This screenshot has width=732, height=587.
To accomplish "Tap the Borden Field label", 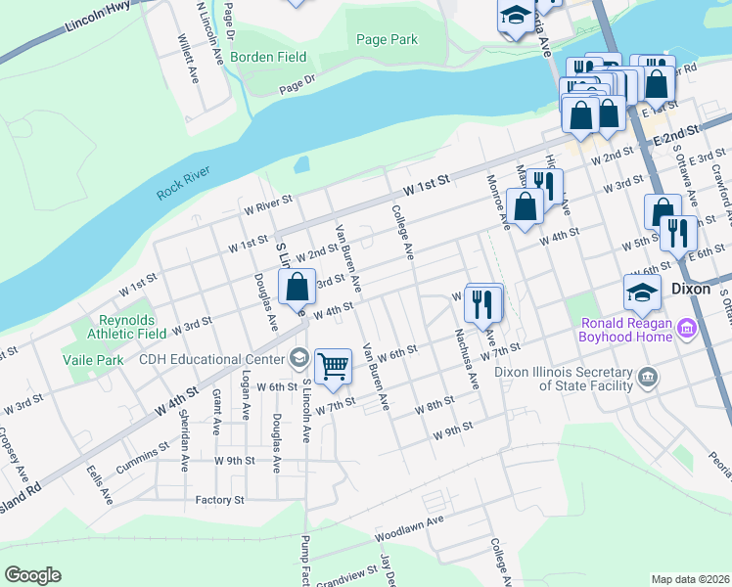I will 292,59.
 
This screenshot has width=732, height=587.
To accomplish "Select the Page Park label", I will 387,39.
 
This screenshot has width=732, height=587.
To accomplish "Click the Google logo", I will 32,575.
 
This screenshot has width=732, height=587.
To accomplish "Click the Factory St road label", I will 218,500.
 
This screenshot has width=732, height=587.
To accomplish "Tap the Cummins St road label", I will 141,457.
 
